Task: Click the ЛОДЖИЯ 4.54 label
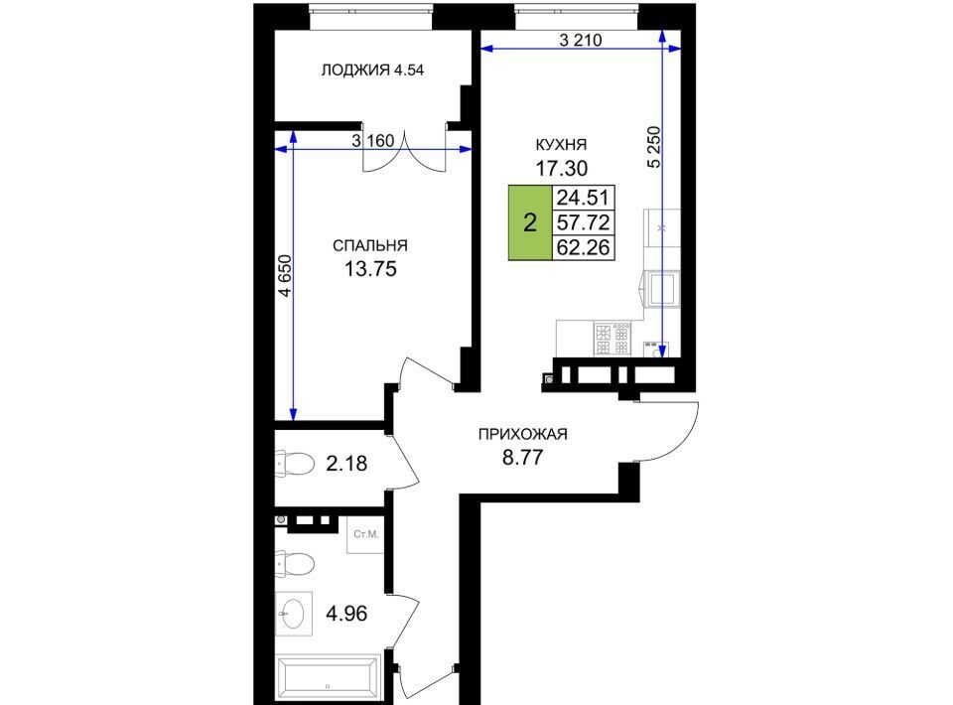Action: tap(372, 70)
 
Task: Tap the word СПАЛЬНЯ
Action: tap(370, 245)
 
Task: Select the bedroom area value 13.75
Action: tap(370, 268)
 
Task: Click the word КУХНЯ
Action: tap(561, 145)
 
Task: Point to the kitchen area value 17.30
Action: tap(561, 167)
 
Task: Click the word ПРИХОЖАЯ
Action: tap(523, 434)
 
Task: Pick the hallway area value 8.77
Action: tap(523, 457)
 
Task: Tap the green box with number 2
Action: tap(530, 222)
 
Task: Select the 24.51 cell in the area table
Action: tap(584, 198)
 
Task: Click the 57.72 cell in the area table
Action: tap(584, 222)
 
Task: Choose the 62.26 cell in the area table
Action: tap(584, 247)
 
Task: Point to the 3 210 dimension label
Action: tap(581, 40)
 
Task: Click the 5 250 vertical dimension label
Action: tap(653, 147)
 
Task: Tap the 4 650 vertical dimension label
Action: tap(285, 276)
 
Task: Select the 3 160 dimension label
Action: tap(373, 141)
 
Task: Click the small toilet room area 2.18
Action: tap(346, 464)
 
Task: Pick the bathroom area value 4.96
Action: tap(346, 614)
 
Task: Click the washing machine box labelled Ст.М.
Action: tap(365, 535)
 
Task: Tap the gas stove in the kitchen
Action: tap(613, 340)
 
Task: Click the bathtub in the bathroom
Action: tap(329, 676)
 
